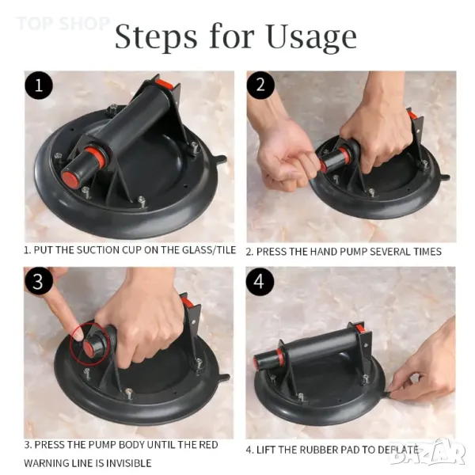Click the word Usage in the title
(312, 37)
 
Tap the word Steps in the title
(156, 37)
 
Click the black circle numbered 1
(39, 85)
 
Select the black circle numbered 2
(260, 85)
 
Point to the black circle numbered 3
(38, 281)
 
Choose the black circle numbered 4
(260, 281)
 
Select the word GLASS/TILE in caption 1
(209, 250)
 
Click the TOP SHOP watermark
(63, 23)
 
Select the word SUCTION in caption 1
(97, 250)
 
